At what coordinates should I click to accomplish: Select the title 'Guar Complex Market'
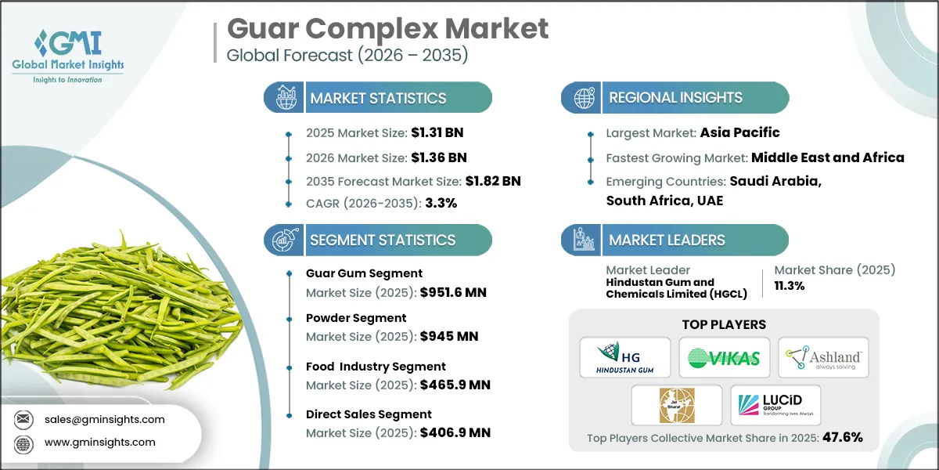387,29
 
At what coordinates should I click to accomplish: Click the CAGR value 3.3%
441,203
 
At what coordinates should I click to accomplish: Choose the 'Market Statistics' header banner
378,98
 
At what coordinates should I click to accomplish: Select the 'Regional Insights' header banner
675,98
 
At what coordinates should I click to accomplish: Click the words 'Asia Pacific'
740,132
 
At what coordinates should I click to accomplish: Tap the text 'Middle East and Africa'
828,157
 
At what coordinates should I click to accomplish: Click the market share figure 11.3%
790,286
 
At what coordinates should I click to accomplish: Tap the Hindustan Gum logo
625,358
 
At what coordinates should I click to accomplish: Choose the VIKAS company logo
724,358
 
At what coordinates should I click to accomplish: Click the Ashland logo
823,358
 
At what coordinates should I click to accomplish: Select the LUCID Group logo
775,405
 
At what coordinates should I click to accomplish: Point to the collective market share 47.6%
841,437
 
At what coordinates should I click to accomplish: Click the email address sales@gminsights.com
105,419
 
